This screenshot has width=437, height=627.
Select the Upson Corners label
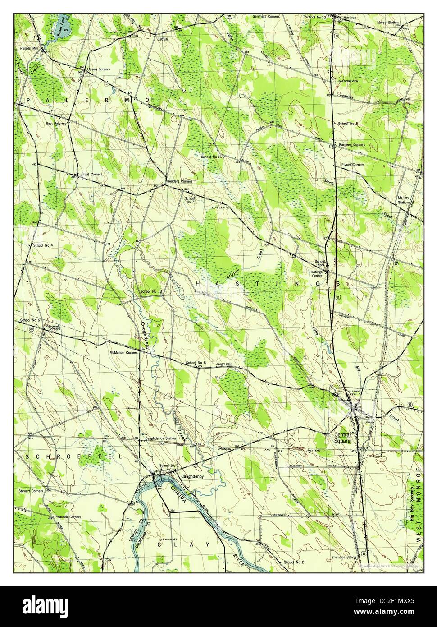click(98, 69)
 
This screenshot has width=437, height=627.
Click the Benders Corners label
click(180, 181)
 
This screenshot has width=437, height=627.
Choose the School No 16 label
click(212, 157)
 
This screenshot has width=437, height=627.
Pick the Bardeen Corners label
click(352, 145)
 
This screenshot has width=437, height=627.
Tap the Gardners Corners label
click(266, 16)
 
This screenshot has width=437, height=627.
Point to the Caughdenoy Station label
click(160, 438)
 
